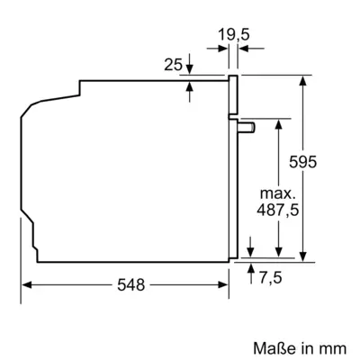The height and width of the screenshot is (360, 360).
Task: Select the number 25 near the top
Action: (174, 64)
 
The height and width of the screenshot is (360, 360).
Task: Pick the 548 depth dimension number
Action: (130, 284)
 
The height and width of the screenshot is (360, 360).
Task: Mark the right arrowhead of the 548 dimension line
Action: (226, 284)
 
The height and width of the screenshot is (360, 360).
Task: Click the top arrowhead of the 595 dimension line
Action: (306, 79)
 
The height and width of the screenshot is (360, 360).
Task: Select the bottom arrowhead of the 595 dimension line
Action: (306, 256)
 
